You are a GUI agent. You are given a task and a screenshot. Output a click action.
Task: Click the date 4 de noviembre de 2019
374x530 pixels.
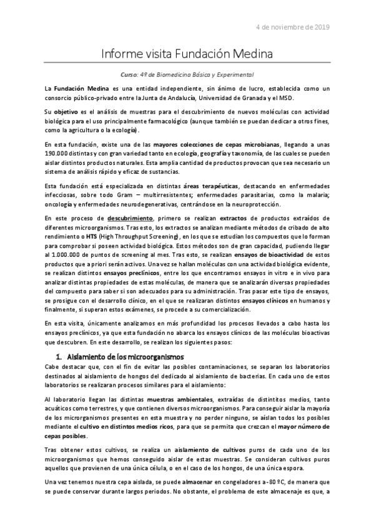(x=293, y=27)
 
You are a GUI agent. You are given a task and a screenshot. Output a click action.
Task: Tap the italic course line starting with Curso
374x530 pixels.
(x=187, y=74)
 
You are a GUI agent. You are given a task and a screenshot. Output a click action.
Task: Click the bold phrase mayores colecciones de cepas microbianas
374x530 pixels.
(x=217, y=144)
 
